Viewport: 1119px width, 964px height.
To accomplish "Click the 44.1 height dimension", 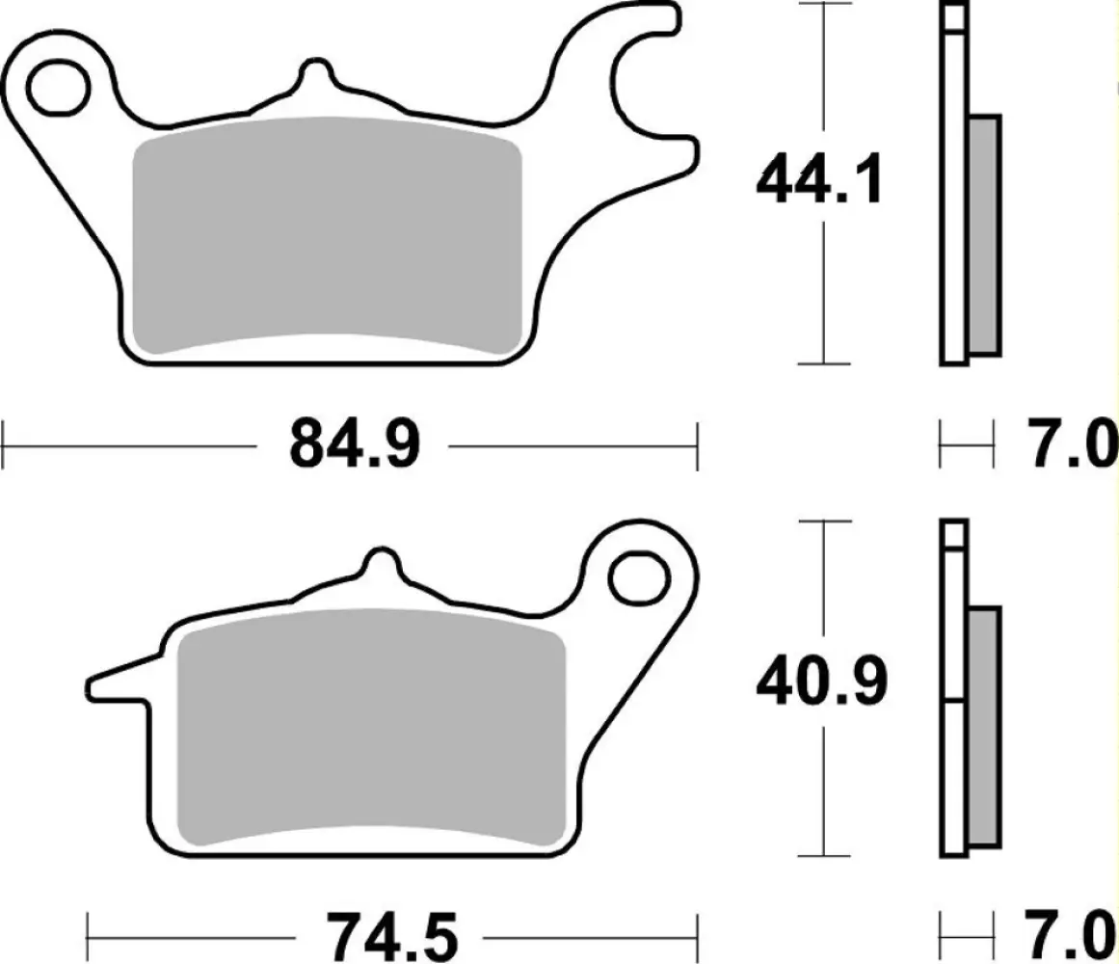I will (x=818, y=180).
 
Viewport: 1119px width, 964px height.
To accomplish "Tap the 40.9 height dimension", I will (x=818, y=683).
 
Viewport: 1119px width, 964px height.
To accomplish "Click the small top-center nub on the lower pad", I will (x=383, y=564).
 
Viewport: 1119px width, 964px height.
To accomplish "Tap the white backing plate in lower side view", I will (x=953, y=771).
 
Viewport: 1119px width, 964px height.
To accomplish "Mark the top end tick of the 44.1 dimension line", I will (x=823, y=5).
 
